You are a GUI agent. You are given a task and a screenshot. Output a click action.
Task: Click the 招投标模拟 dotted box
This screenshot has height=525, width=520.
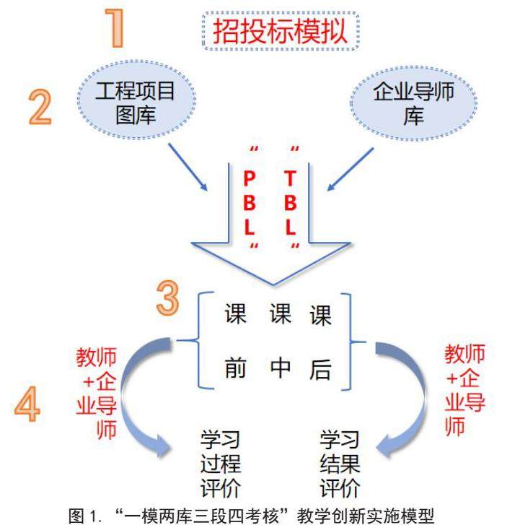click(x=282, y=31)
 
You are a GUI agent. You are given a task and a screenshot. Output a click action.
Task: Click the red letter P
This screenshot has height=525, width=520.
click(x=248, y=178)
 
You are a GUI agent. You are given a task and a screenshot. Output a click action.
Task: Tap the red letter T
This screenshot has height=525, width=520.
click(x=290, y=178)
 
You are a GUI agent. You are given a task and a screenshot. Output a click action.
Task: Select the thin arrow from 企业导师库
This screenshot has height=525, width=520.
click(x=352, y=171)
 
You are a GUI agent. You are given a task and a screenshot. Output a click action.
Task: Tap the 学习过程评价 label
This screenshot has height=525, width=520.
click(x=219, y=462)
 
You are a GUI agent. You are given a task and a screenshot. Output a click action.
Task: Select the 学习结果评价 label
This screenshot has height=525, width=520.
click(x=340, y=462)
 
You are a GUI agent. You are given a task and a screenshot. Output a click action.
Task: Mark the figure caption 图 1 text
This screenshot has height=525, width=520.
click(x=260, y=514)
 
